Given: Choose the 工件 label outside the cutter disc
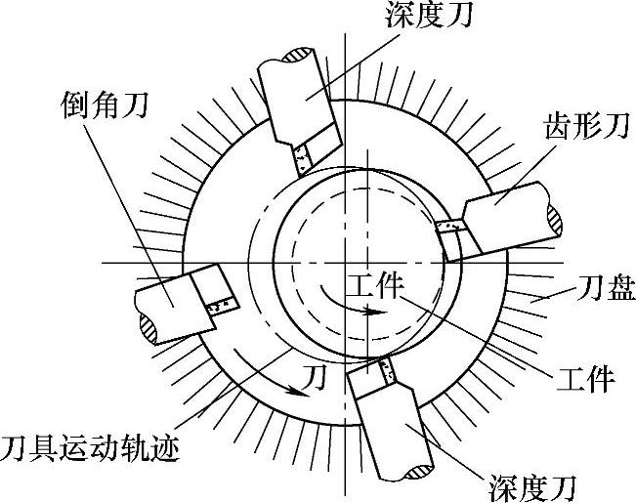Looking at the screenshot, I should click(582, 375).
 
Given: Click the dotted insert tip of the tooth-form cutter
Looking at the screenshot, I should click(449, 228).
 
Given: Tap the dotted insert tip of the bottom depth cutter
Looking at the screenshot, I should click(379, 372).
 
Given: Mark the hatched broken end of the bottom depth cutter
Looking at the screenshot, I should click(411, 474).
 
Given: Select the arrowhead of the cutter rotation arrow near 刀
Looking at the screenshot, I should click(293, 389).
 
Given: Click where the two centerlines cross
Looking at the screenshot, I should click(344, 263).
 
